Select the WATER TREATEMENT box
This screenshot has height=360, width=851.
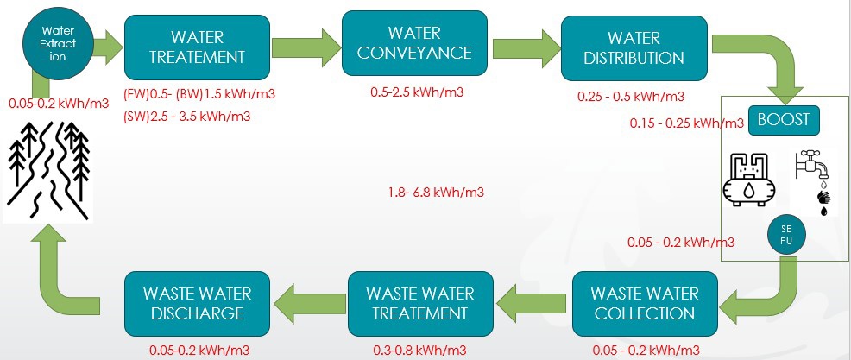[x=198, y=47]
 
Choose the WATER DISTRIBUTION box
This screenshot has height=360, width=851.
[x=634, y=47]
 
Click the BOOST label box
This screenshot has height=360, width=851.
[x=783, y=119]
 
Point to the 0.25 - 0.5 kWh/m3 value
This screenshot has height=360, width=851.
[x=631, y=97]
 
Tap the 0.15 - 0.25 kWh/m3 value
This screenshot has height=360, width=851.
[x=687, y=123]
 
